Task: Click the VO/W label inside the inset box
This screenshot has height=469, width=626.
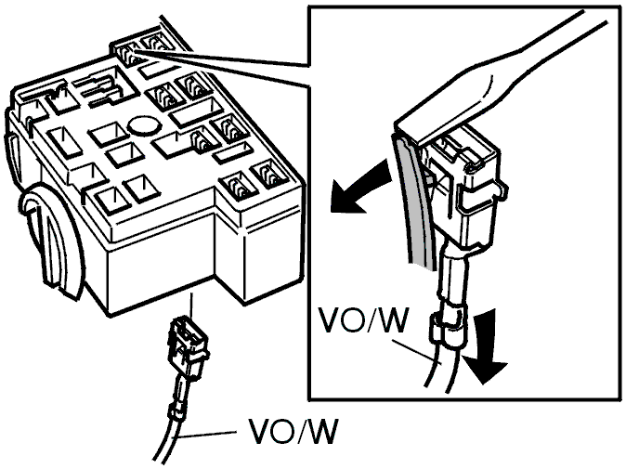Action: click(362, 320)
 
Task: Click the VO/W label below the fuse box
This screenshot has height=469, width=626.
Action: click(293, 431)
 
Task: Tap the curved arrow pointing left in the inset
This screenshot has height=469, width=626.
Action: click(359, 187)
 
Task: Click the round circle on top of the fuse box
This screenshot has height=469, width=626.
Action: click(142, 125)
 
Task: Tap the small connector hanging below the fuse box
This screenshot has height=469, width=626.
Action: click(188, 345)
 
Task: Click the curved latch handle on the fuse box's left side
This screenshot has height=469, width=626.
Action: click(52, 240)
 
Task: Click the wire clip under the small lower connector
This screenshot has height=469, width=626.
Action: click(177, 410)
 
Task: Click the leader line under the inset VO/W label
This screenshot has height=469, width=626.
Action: click(417, 352)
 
